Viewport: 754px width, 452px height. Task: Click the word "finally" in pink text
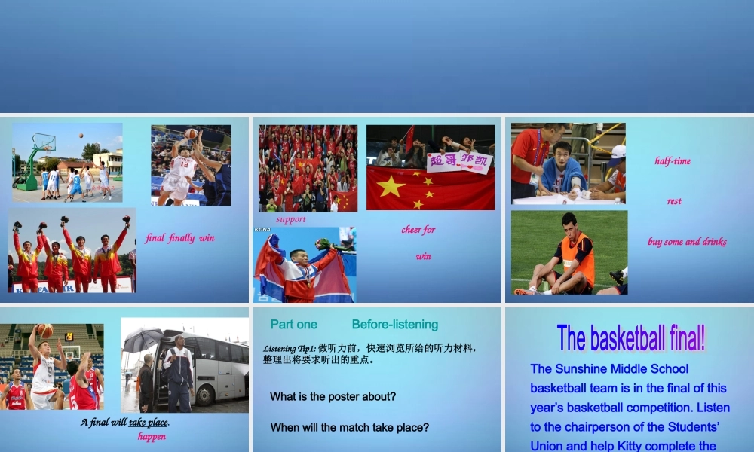(x=181, y=238)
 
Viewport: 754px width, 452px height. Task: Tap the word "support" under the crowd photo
(x=291, y=219)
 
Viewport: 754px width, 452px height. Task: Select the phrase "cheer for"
(x=418, y=230)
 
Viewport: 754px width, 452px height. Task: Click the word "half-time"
(x=673, y=160)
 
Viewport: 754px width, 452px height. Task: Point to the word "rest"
(x=674, y=201)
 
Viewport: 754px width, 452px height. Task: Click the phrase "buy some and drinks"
(x=687, y=242)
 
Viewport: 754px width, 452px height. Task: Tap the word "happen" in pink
(x=152, y=437)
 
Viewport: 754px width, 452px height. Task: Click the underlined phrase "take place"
(x=149, y=422)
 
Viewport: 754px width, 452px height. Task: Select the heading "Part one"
(x=294, y=325)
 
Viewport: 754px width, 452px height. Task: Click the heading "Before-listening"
(x=394, y=325)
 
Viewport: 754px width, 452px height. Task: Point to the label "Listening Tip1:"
(x=290, y=348)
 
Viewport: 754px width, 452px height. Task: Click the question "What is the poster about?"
(x=333, y=396)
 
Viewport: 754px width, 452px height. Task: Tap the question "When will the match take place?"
(x=350, y=427)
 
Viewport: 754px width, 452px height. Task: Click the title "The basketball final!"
(x=631, y=338)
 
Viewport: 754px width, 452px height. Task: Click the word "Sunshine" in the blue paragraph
(x=584, y=368)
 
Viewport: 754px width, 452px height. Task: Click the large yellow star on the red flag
(x=391, y=185)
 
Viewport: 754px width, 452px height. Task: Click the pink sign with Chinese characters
(x=458, y=162)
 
